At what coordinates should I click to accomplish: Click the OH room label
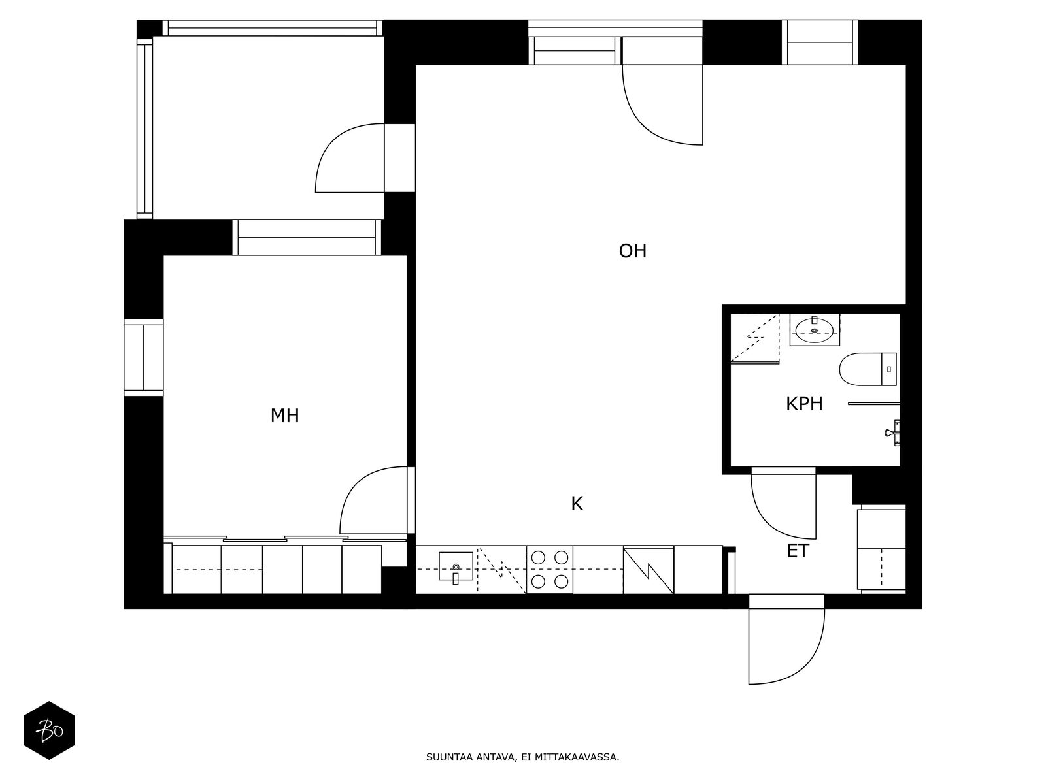[632, 252]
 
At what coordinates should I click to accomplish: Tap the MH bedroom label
[284, 416]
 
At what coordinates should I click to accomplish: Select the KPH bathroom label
[804, 404]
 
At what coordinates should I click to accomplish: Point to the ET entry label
[798, 551]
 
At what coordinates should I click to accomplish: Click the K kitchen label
[577, 504]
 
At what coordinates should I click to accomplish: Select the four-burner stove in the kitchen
[549, 570]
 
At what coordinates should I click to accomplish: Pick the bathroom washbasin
[815, 329]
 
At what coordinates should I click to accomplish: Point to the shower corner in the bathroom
[754, 338]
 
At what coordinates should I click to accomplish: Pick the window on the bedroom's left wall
[143, 357]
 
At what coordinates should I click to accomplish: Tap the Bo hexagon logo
[49, 730]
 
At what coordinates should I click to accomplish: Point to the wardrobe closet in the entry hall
[881, 549]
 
